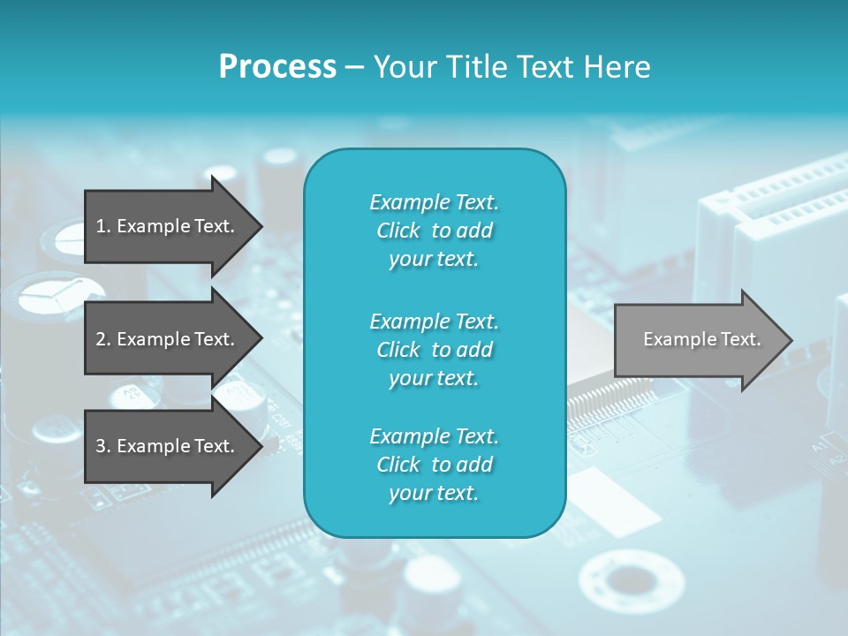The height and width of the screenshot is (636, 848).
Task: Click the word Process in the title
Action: (277, 67)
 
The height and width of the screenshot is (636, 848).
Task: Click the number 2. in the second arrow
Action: (102, 339)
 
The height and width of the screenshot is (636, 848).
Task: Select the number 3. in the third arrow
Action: (102, 446)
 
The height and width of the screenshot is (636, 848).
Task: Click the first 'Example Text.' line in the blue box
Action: (434, 202)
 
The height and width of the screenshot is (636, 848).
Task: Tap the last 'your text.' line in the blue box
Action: (434, 493)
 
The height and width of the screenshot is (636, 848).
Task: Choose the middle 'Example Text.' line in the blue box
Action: (434, 321)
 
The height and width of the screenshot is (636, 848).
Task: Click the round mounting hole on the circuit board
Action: (631, 582)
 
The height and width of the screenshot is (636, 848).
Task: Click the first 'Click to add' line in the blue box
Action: (434, 231)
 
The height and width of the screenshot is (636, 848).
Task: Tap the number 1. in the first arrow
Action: (102, 226)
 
